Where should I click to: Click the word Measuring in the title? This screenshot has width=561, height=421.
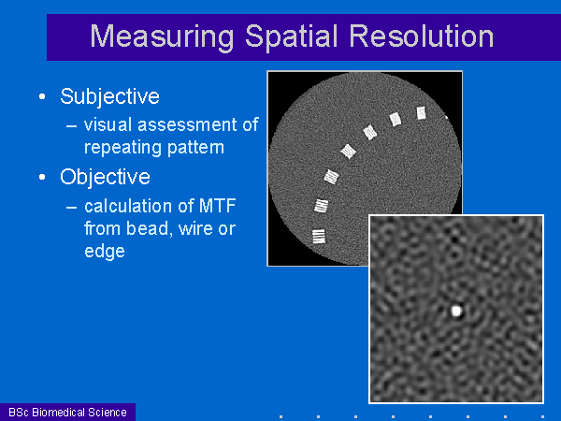[x=162, y=37]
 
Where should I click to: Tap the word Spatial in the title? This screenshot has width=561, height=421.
[x=292, y=37]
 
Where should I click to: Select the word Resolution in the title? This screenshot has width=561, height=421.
[x=422, y=36]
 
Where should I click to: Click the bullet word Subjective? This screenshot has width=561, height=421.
[x=109, y=97]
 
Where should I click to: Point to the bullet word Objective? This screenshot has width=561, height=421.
[x=105, y=178]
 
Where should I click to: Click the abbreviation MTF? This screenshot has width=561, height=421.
[x=217, y=206]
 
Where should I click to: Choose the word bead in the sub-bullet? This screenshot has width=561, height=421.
[x=147, y=229]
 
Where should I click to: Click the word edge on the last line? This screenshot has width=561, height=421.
[x=105, y=252]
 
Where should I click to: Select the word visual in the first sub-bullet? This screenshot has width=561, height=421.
[x=108, y=125]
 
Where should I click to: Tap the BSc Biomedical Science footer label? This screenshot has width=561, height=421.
[x=67, y=413]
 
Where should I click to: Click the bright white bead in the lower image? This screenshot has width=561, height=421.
[x=456, y=311]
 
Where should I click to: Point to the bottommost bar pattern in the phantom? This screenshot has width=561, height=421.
[x=319, y=237]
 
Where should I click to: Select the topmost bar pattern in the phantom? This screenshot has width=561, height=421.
[x=422, y=113]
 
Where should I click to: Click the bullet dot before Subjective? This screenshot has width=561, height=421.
[x=42, y=96]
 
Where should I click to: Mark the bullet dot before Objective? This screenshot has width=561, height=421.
[x=42, y=177]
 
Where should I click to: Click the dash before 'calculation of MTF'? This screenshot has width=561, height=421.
[x=72, y=207]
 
